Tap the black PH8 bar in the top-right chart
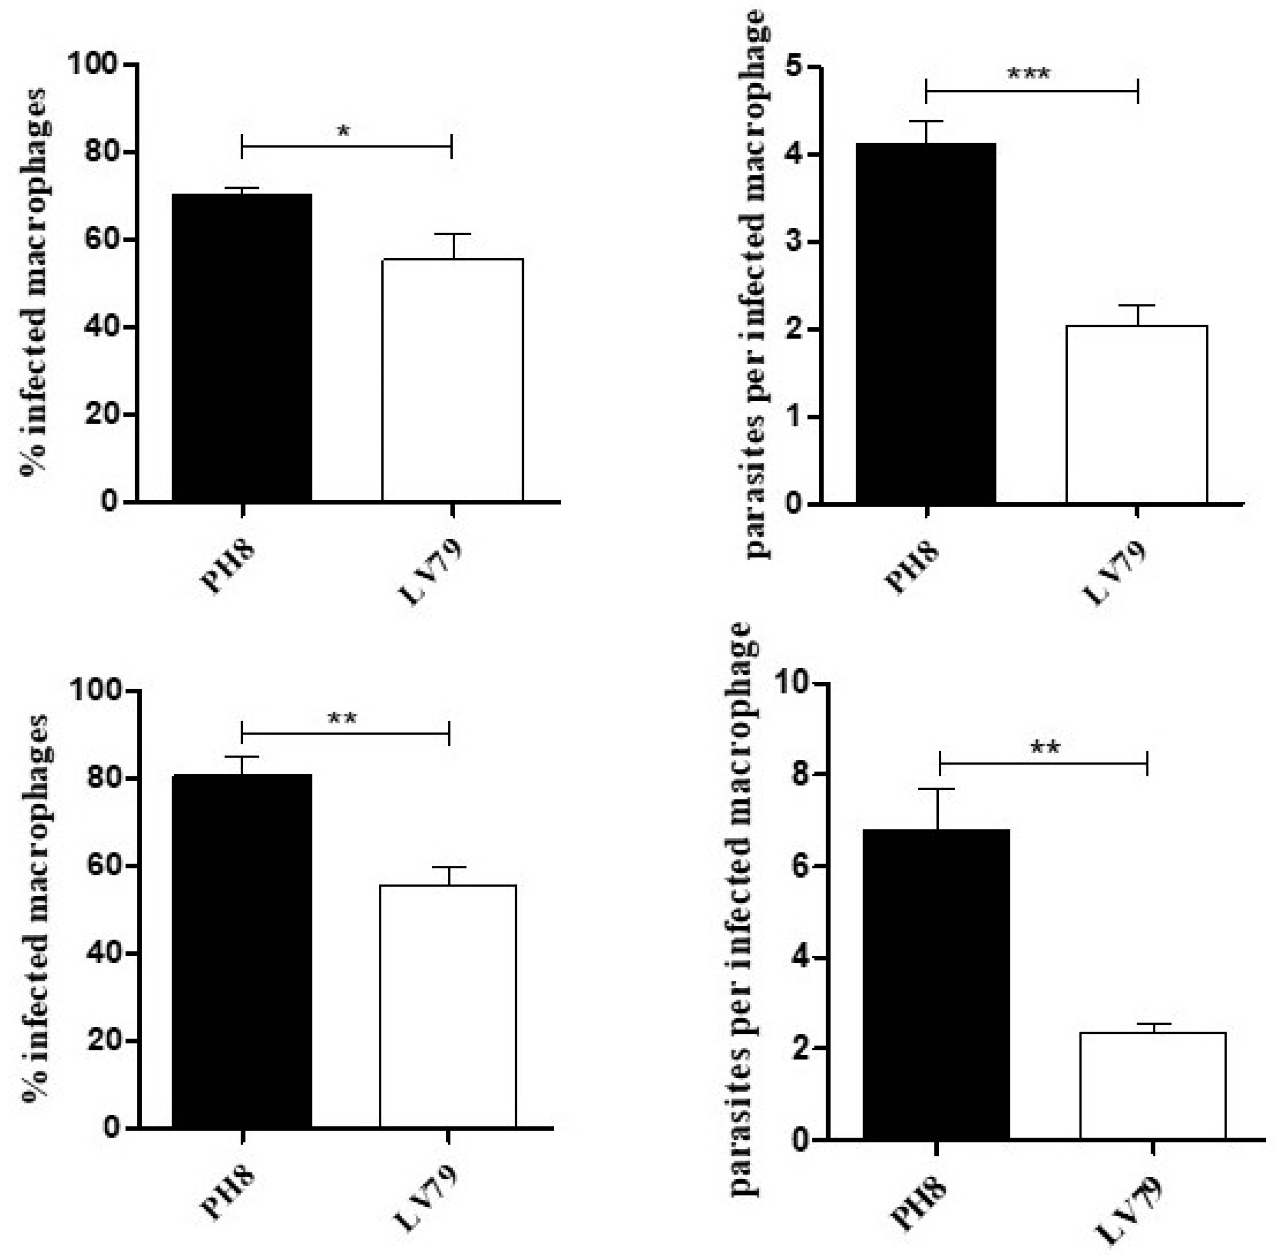tap(925, 323)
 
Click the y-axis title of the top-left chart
tap(33, 283)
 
